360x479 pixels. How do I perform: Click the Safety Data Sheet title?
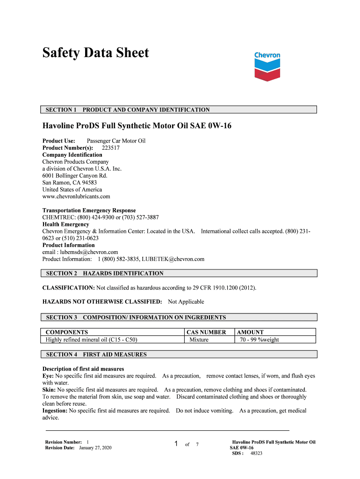coord(95,53)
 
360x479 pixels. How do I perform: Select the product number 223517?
coord(111,148)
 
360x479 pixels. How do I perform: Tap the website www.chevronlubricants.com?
coord(76,196)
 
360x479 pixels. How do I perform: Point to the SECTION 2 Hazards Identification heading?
coord(105,273)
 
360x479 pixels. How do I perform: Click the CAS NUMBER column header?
coord(206,332)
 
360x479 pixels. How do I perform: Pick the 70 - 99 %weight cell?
coord(259,340)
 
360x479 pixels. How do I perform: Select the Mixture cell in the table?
coord(199,340)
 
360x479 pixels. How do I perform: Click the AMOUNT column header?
coord(251,332)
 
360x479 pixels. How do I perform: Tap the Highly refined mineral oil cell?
coord(92,340)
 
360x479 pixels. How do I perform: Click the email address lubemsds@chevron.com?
coord(86,252)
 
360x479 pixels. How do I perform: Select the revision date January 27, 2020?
coord(95,448)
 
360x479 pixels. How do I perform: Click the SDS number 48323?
coord(256,453)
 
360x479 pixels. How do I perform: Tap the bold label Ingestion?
coord(55,411)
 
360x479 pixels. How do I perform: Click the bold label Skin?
coord(49,390)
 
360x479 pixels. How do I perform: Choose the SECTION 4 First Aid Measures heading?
coord(96,355)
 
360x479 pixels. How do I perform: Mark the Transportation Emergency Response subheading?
coord(89,210)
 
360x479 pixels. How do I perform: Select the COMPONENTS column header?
coord(67,332)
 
